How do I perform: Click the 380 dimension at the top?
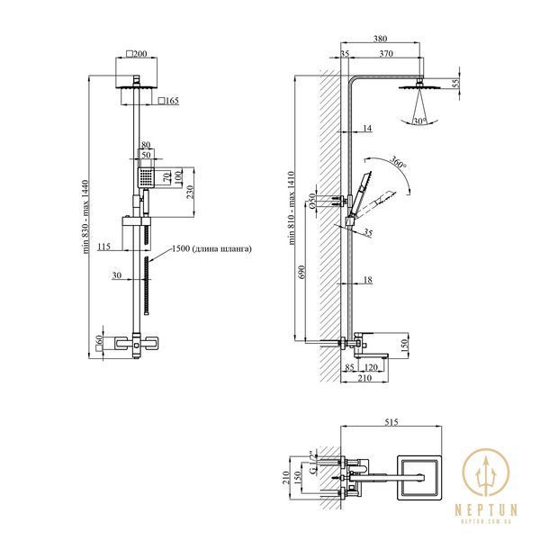(380, 39)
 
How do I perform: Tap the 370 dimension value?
(386, 53)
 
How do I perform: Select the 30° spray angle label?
(419, 121)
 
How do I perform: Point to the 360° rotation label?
(399, 162)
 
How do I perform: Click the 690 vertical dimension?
(301, 272)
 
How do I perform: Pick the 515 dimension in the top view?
(391, 422)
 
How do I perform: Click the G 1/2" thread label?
(312, 463)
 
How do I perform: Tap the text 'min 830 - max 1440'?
(85, 217)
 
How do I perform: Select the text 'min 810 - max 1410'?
(292, 208)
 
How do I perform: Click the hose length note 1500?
(211, 248)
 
